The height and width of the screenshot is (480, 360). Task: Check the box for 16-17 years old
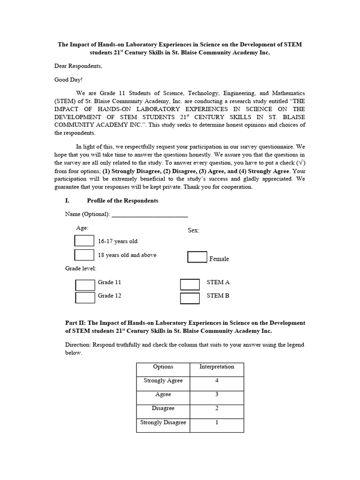[x=84, y=241]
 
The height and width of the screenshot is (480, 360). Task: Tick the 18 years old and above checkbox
[x=84, y=255]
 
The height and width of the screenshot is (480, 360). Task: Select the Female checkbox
[x=197, y=257]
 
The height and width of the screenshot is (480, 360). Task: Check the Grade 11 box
[x=85, y=285]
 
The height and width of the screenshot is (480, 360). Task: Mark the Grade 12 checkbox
[x=85, y=298]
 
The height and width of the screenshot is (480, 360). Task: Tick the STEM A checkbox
[x=190, y=285]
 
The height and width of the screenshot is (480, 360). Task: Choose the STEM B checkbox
[x=190, y=298]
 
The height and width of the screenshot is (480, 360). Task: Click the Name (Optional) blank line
[x=150, y=215]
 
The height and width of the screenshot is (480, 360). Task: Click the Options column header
[x=163, y=367]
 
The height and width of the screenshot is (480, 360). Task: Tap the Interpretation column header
[x=217, y=367]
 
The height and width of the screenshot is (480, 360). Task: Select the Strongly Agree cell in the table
[x=163, y=381]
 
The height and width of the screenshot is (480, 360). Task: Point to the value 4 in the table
[x=217, y=381]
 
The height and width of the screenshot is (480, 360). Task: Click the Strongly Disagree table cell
[x=163, y=423]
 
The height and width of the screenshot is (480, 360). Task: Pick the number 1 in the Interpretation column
[x=217, y=423]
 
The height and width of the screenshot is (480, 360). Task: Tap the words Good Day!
[x=68, y=80]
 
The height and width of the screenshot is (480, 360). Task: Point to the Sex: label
[x=194, y=231]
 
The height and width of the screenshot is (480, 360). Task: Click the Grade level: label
[x=81, y=269]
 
